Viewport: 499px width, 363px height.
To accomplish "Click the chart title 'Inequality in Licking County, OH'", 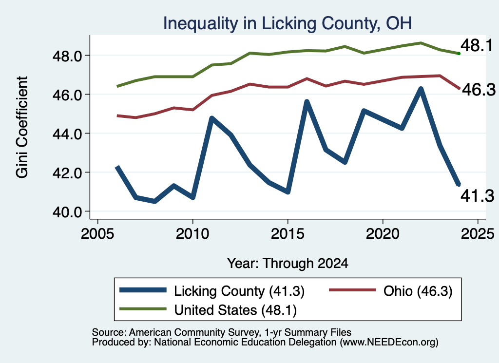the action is [288, 23].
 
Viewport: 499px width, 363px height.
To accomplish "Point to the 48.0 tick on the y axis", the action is [67, 56].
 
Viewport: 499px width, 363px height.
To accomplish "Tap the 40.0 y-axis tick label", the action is [67, 212].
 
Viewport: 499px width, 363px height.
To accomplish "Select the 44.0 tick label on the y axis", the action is [67, 134].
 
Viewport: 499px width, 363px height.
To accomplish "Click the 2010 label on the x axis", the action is [192, 234].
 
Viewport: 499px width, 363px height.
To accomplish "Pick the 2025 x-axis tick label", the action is [478, 234].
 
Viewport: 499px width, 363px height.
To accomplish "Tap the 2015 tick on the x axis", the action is [288, 234].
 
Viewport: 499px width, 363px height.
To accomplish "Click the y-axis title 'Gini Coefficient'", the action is [22, 127].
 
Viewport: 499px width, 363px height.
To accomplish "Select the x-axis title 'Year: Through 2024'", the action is [288, 264].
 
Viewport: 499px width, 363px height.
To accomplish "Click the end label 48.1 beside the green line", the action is [477, 45].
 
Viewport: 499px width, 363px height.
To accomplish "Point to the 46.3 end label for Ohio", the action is [479, 90].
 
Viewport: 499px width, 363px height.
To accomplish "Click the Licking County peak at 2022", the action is [421, 89].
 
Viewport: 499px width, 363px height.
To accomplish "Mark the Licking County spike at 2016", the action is [307, 102].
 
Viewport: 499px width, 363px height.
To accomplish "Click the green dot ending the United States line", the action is [459, 54].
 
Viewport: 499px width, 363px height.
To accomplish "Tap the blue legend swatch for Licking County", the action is [143, 290].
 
